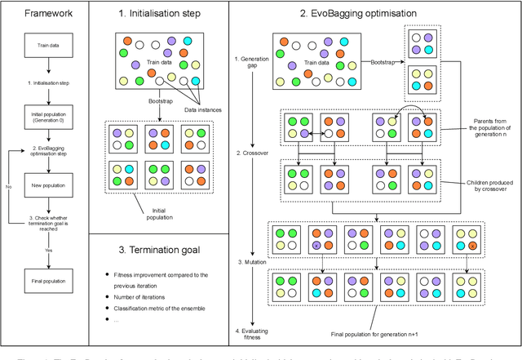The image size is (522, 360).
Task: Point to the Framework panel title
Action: [x=41, y=14]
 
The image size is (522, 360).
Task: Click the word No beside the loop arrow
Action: [x=8, y=186]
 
